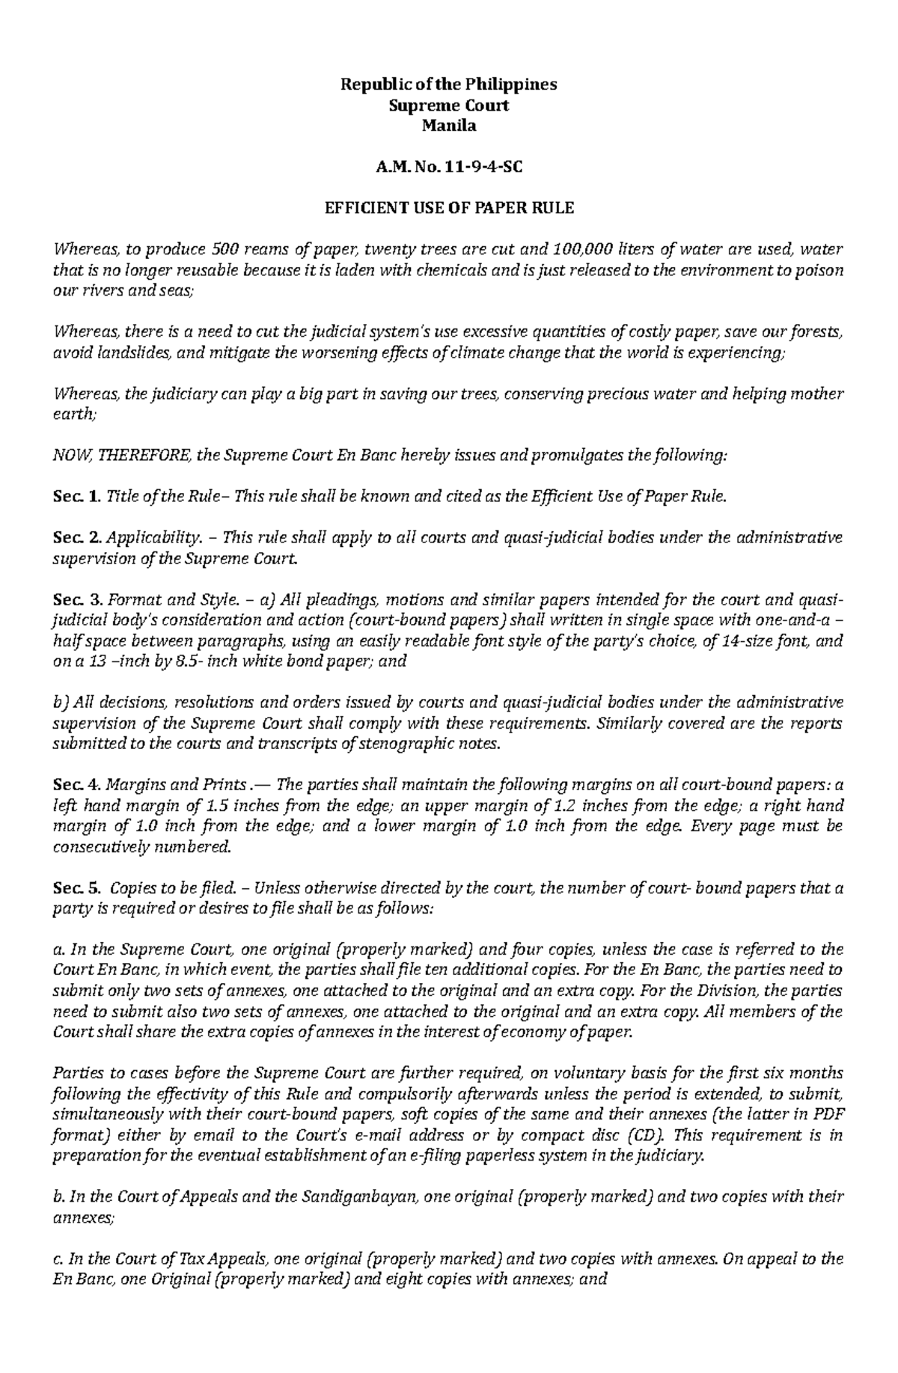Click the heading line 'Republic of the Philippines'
[x=449, y=85]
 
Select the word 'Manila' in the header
[x=449, y=126]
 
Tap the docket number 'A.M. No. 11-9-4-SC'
[x=449, y=167]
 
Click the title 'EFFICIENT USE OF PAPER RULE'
[x=449, y=208]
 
